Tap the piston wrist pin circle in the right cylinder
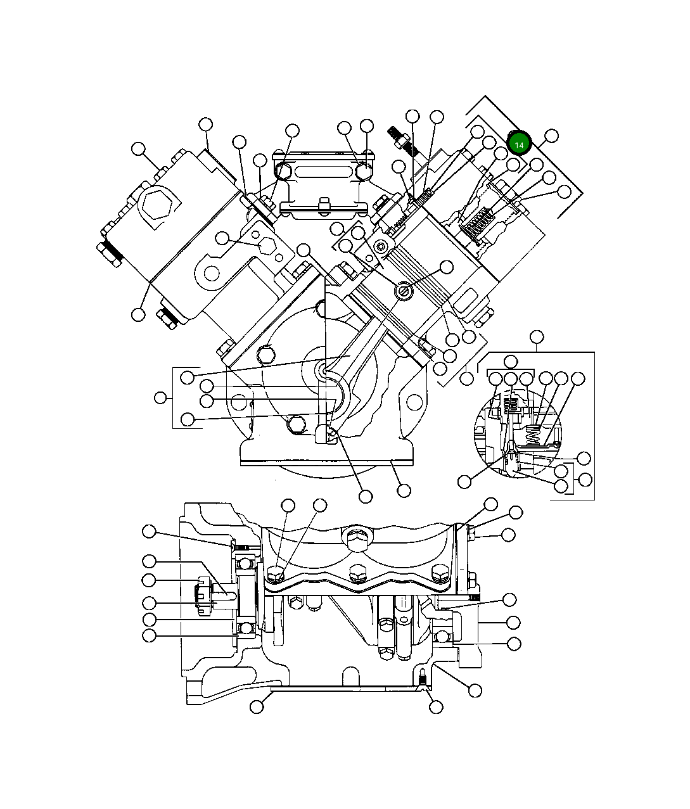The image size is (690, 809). pos(405,291)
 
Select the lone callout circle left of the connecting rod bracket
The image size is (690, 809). pos(162,398)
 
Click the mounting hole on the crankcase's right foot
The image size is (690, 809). pos(413,402)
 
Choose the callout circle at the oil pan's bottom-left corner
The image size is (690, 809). pos(257,706)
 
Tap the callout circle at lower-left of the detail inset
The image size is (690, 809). pos(464,481)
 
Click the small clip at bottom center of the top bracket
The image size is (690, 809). pos(324,204)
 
